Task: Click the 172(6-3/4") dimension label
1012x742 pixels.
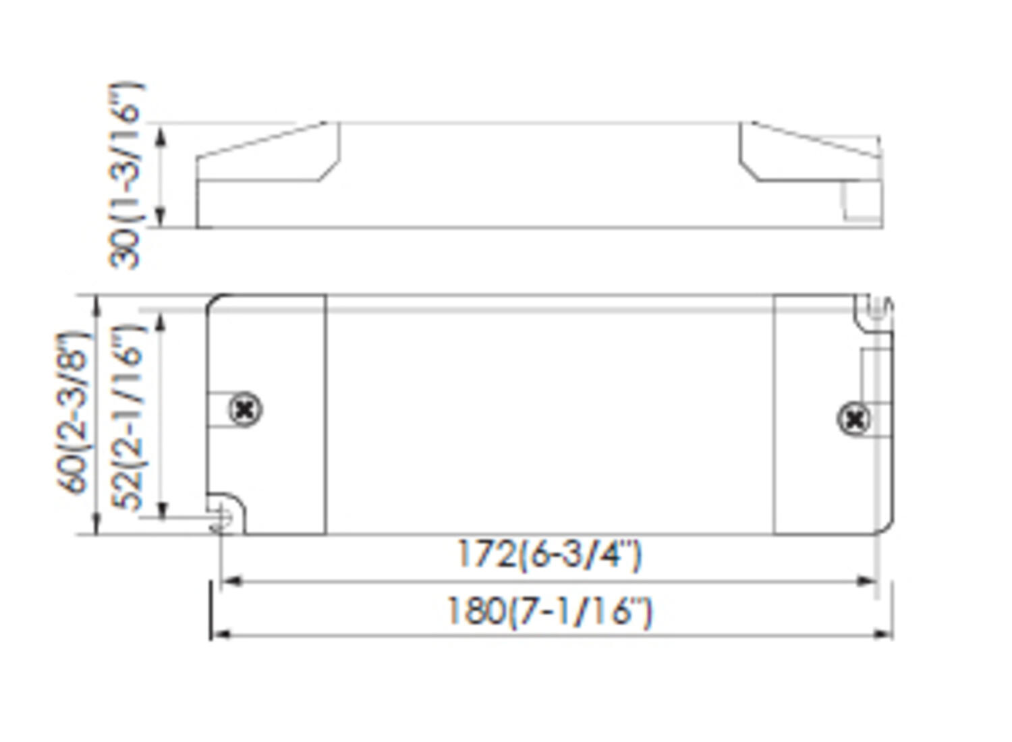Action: tap(549, 554)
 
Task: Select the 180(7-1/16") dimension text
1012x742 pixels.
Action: tap(549, 612)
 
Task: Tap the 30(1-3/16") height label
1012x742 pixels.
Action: tap(126, 175)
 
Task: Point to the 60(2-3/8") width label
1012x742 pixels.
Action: tap(72, 413)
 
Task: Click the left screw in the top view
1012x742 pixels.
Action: tap(246, 409)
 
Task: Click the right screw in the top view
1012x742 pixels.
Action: tap(853, 420)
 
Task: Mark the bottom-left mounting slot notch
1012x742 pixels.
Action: tap(223, 517)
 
